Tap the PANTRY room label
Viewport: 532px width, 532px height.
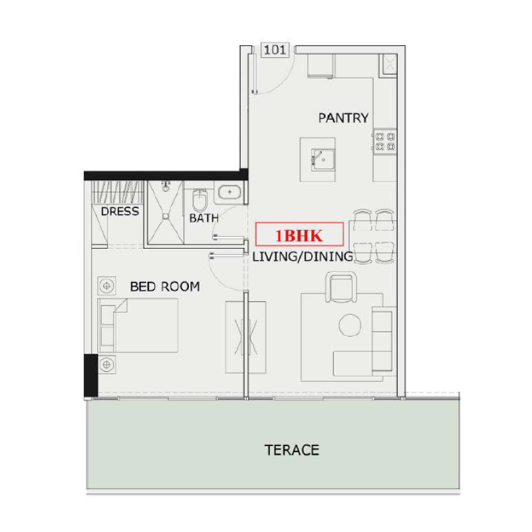coord(343,118)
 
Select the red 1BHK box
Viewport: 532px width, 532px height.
coord(299,235)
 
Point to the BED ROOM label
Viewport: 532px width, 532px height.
coord(164,287)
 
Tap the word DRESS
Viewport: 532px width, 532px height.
coord(120,211)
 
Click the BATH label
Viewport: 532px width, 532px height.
coord(204,217)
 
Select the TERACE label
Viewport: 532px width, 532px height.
coord(292,450)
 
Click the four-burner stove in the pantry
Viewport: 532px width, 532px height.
coord(384,142)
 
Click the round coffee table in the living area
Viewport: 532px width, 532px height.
coord(350,325)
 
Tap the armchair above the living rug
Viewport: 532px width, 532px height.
coord(343,287)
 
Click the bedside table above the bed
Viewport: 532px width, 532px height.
coord(106,285)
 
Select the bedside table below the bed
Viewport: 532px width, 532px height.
coord(106,364)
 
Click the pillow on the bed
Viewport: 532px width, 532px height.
coord(106,325)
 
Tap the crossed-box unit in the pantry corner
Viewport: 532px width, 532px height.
coord(388,63)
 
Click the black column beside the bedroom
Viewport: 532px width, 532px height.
coord(91,376)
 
